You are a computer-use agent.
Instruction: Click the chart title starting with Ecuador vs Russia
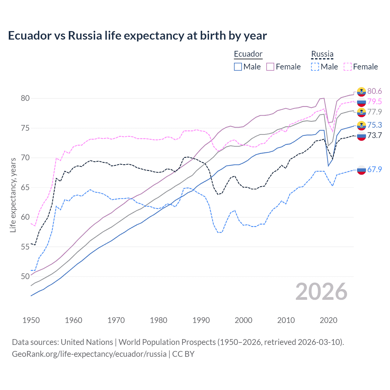pos(137,36)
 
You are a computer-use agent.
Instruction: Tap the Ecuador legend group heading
pos(248,54)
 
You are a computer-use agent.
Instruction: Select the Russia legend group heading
pos(322,54)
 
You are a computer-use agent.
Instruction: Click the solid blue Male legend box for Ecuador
pos(238,67)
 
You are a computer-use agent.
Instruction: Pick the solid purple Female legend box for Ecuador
pos(270,67)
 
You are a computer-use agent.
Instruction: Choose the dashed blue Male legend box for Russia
pos(315,67)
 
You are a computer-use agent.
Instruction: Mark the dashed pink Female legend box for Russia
pos(348,67)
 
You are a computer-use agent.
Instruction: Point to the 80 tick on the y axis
pos(25,98)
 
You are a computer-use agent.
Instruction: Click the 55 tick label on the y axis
pos(25,247)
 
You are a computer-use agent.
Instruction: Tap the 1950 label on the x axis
pos(31,320)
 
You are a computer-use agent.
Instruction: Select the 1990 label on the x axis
pos(201,320)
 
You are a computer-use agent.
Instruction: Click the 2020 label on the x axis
pos(328,320)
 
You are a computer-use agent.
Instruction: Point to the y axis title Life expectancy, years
pos(13,195)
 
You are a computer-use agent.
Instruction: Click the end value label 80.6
pos(374,91)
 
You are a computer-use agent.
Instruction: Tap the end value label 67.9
pos(374,169)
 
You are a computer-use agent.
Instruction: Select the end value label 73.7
pos(374,135)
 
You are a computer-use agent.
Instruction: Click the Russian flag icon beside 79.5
pos(361,102)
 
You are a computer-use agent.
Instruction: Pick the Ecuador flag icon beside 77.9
pos(361,112)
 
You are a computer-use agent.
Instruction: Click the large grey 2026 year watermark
pos(321,292)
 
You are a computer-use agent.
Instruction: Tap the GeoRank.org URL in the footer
pos(89,354)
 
